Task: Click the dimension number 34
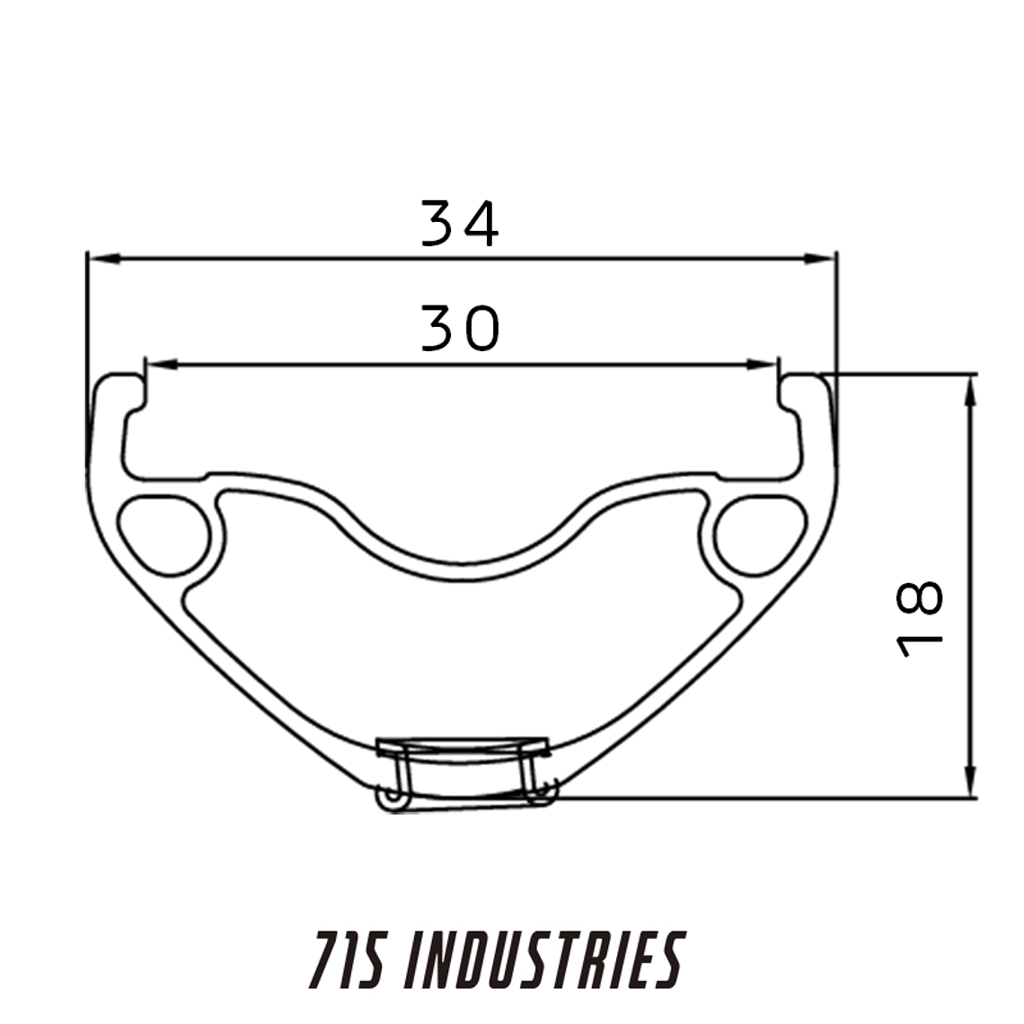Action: (460, 224)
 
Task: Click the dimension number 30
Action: (461, 328)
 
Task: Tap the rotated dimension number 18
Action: (920, 619)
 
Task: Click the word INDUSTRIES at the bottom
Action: (544, 960)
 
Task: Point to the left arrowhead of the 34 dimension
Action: (104, 260)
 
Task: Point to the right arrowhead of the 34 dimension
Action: (819, 260)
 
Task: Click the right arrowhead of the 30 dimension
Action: (762, 365)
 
